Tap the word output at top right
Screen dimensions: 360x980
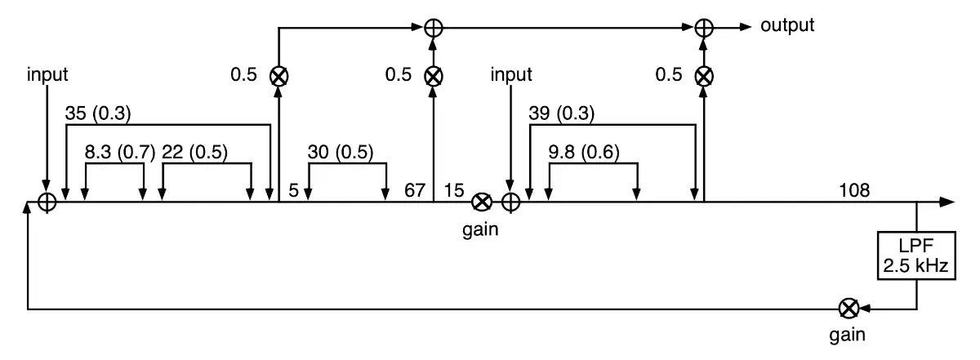pos(787,25)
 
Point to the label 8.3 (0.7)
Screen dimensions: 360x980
pos(119,152)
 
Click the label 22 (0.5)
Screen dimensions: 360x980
pos(194,152)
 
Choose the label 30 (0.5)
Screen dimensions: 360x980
pos(340,152)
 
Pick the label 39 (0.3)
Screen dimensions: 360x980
pos(561,113)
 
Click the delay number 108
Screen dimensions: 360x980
pos(853,191)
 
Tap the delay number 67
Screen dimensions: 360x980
pos(415,191)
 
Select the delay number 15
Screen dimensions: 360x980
pos(453,191)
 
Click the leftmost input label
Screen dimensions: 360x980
pos(47,75)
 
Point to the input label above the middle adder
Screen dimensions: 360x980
pos(511,75)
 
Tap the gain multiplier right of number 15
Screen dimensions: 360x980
pos(483,202)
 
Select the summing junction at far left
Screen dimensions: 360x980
pos(47,202)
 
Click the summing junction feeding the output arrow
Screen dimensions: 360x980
pos(703,27)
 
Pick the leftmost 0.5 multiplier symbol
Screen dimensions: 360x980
pos(279,76)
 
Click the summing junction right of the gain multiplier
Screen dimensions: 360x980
pos(511,202)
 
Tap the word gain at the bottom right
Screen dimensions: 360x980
pos(848,335)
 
